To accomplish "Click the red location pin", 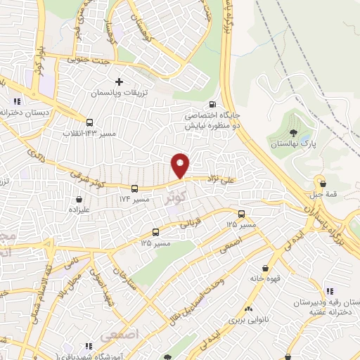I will click(181, 166).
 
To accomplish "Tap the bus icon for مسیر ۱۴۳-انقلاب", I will click(89, 121).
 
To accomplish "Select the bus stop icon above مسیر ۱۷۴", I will click(134, 188).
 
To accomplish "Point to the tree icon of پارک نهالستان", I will click(292, 132).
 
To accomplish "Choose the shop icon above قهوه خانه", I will click(265, 268).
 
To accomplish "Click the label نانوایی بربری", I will click(247, 319).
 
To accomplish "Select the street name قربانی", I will click(195, 224).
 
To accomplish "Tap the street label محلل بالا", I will click(76, 285).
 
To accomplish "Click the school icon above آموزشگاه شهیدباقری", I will click(89, 346).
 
